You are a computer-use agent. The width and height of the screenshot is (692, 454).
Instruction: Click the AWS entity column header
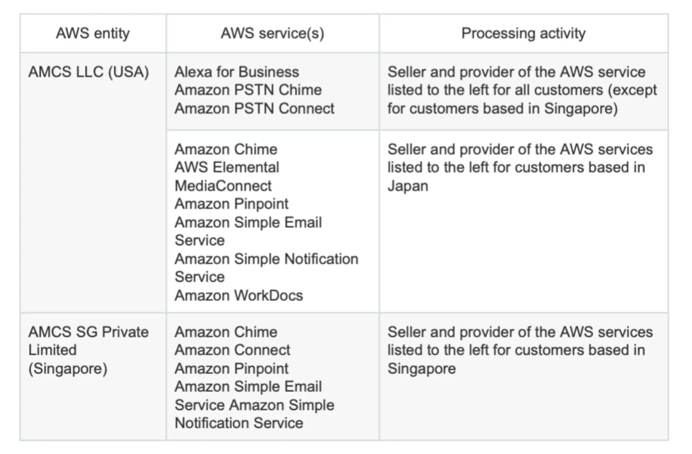93,33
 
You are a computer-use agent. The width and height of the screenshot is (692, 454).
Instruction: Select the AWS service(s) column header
272,33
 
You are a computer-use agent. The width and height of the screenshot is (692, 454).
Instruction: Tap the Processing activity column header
523,33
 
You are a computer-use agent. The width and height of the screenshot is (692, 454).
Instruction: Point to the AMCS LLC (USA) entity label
88,72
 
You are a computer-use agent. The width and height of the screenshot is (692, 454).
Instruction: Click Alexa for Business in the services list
237,72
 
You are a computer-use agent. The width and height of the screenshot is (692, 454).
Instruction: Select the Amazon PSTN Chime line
248,90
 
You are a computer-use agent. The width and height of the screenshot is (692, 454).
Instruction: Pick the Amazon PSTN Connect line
254,109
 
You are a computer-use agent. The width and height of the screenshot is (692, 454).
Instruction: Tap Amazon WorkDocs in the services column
238,295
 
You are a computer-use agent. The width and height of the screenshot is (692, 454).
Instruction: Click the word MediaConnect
223,186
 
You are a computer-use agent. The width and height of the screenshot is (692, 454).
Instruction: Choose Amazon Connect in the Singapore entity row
232,350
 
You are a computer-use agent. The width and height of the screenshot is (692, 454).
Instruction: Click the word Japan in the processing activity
408,186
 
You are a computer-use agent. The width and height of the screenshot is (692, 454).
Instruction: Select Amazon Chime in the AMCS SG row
226,332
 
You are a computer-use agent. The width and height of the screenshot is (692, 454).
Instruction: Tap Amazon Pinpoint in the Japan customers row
231,204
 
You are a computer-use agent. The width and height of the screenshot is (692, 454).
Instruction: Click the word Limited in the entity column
53,350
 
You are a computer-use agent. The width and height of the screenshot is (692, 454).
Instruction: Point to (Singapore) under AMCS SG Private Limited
68,369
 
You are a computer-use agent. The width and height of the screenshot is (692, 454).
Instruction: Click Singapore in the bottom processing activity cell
421,369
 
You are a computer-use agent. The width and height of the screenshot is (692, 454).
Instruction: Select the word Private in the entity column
125,332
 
